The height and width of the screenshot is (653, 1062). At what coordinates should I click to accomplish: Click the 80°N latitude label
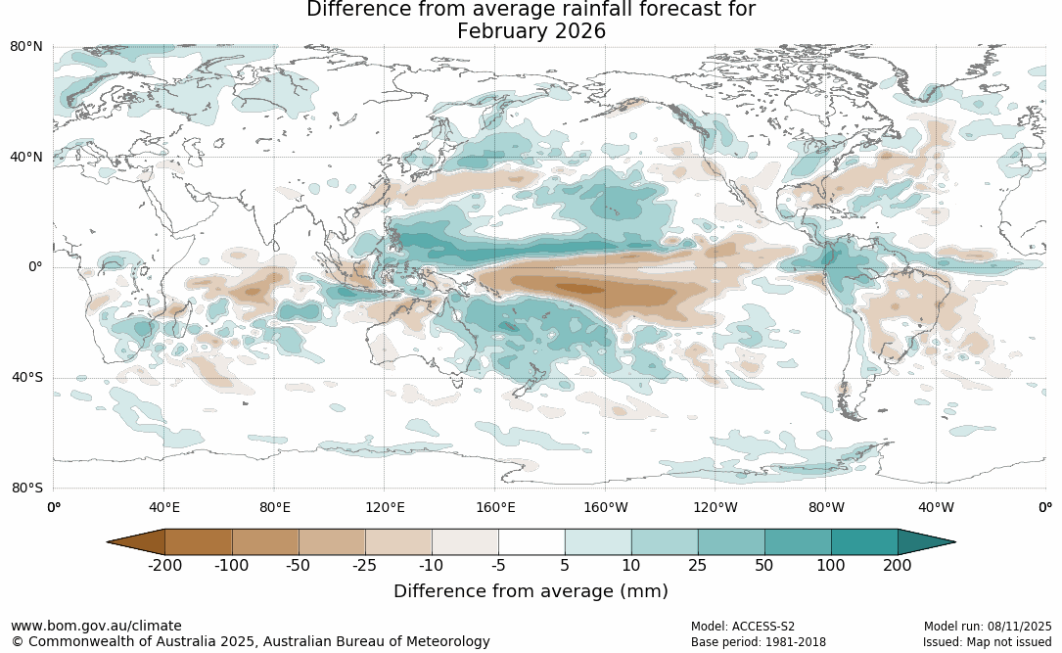point(26,47)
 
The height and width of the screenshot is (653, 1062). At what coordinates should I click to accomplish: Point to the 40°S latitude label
point(26,378)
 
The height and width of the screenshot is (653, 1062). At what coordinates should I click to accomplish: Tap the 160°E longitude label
point(495,507)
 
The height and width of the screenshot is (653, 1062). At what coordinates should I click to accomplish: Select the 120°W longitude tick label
point(716,507)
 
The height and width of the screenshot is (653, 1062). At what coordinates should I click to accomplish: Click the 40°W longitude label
point(936,507)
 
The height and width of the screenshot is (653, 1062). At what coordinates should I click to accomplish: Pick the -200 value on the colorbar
point(165,566)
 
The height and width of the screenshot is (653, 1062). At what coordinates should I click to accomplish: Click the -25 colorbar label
point(365,566)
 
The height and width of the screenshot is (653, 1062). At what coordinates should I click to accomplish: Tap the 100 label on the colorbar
point(831,566)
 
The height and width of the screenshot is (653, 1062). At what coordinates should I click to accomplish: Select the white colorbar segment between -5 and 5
point(531,541)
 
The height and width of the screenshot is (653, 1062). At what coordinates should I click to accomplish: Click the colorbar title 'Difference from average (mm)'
point(531,591)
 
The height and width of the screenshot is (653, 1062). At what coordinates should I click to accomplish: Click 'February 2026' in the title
point(531,31)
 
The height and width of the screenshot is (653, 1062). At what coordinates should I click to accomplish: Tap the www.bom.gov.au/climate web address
point(96,626)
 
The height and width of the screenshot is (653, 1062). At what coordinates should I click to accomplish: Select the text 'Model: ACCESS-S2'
point(743,627)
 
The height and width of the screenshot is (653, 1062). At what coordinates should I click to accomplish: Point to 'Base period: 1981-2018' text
point(758,642)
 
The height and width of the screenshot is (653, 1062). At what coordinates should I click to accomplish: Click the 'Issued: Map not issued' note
point(987,642)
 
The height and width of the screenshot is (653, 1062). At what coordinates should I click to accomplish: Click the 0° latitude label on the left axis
point(33,267)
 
